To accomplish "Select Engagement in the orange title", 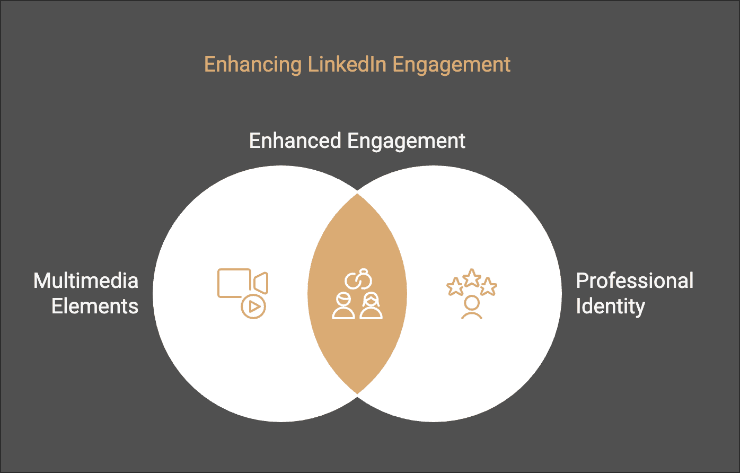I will tap(452, 65).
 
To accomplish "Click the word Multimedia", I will tap(86, 281).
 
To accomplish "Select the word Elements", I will tap(95, 306).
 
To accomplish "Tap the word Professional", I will tap(635, 281).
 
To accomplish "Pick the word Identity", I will tap(610, 306).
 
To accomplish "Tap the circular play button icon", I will tap(253, 306).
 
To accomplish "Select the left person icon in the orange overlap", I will tap(343, 306).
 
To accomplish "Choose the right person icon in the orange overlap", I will tap(371, 306).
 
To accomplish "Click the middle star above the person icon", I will tap(471, 277).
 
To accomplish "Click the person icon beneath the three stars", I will tap(471, 308).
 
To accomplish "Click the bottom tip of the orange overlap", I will tap(357, 393).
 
